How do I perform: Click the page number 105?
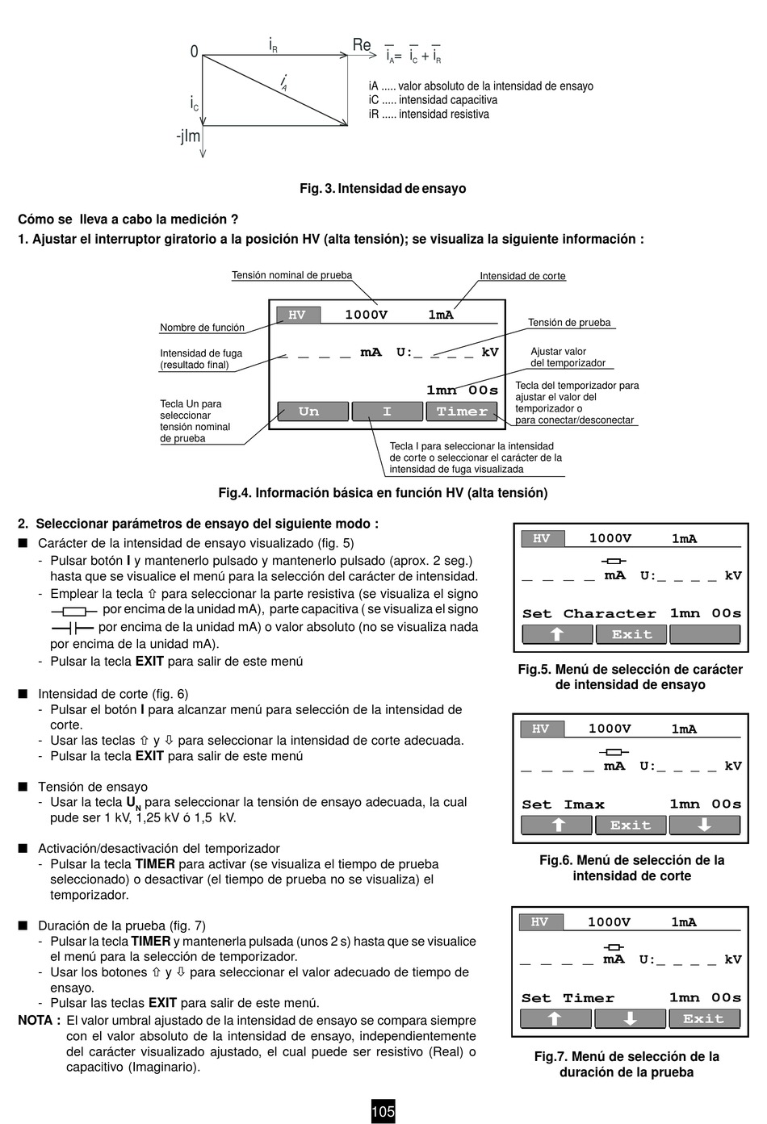tap(383, 1111)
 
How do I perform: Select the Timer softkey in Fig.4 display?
tap(462, 412)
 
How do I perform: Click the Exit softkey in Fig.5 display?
tap(631, 634)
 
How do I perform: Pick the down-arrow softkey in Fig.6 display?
tap(704, 825)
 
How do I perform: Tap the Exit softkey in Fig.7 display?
tap(703, 1018)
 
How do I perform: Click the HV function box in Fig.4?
tap(297, 315)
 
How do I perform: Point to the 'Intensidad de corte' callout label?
tap(522, 276)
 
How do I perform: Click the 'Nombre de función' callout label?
tap(202, 328)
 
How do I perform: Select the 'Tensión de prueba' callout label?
tap(569, 323)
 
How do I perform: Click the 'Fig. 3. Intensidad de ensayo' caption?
tap(383, 188)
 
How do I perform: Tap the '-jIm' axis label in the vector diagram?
tap(188, 136)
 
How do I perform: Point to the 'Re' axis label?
tap(362, 45)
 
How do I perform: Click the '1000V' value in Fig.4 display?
tap(366, 315)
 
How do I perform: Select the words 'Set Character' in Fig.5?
tap(589, 613)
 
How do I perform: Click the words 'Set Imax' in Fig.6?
tap(563, 804)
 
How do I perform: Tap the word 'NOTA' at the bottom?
tap(36, 1020)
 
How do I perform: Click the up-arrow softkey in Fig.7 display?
tap(555, 1018)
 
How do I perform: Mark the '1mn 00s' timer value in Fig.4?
tap(462, 390)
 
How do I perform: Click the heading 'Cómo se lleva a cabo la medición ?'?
tap(128, 219)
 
